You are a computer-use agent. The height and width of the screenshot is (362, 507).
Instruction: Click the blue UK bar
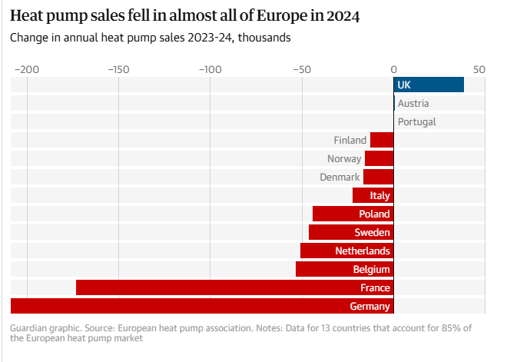click(429, 85)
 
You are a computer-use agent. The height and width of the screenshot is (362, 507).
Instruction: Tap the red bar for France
click(234, 287)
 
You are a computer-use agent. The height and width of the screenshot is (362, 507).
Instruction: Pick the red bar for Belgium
click(344, 269)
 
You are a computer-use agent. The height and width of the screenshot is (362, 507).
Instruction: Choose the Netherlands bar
click(346, 251)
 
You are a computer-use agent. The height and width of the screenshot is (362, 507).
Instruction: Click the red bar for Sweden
click(351, 232)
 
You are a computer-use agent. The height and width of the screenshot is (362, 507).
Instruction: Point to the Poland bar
click(353, 214)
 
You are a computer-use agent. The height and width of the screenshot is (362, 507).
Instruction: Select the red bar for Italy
click(373, 195)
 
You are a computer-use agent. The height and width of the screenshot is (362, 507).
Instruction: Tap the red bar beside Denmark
click(378, 177)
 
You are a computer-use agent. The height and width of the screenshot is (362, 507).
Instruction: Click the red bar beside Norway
click(379, 158)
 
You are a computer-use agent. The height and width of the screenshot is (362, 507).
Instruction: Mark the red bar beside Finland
click(382, 140)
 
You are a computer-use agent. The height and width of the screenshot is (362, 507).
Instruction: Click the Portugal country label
click(416, 121)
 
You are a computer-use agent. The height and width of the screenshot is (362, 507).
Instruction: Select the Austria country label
click(413, 103)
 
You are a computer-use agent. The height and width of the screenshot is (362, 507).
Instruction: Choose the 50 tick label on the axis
click(479, 68)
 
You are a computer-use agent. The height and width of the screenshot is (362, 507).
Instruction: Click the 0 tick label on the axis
click(393, 68)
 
